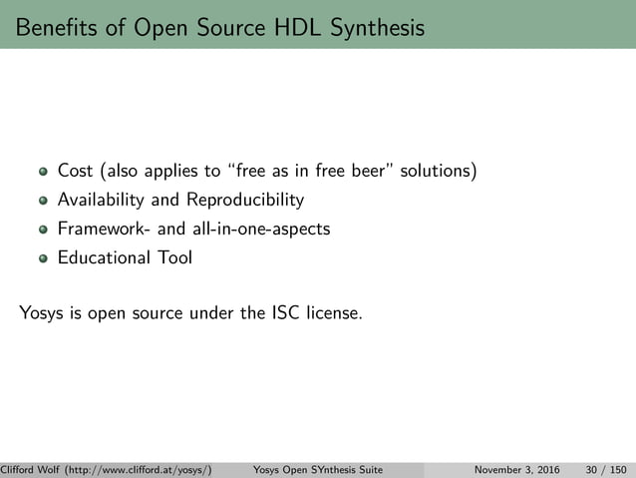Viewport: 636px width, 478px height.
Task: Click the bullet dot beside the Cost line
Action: (x=43, y=173)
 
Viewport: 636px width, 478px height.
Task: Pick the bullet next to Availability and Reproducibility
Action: (x=43, y=201)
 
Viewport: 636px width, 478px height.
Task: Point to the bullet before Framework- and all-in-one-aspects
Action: (x=43, y=230)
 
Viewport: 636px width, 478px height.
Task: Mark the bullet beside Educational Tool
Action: (x=43, y=258)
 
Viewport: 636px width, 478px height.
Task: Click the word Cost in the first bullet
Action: (x=76, y=172)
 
